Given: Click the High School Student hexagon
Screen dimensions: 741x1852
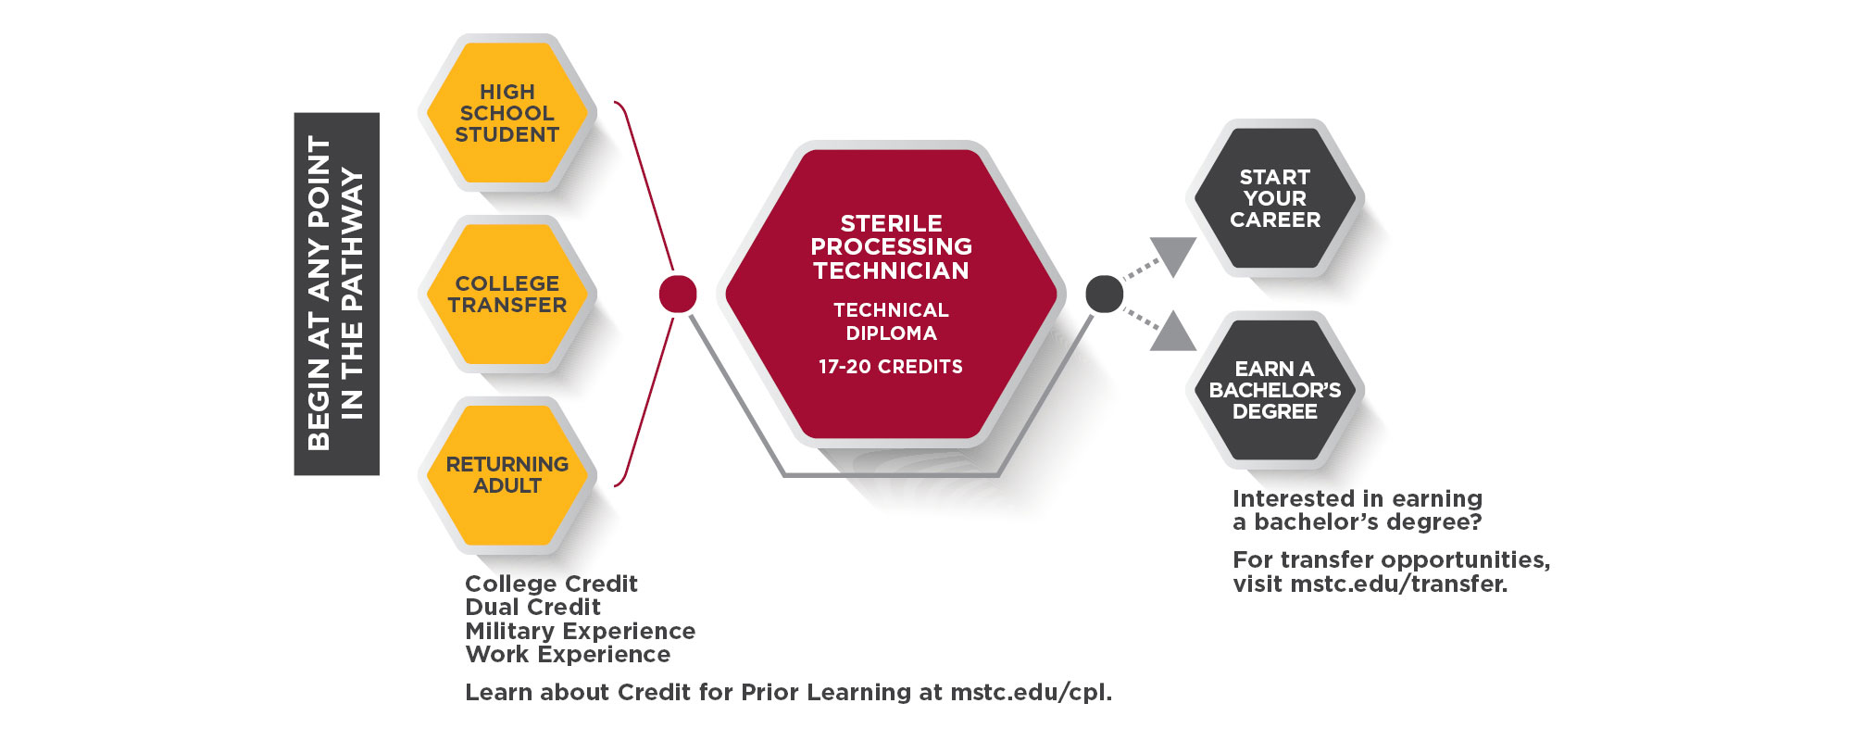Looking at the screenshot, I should [507, 113].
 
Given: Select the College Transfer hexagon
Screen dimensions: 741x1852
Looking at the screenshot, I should [507, 295].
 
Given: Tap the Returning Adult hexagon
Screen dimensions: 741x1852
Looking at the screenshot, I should [507, 475].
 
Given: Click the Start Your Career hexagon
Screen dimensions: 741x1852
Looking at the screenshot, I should [1274, 198].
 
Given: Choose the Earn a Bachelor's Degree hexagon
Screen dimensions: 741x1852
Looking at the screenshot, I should [1274, 390].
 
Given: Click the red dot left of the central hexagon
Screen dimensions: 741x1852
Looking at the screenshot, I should [678, 295].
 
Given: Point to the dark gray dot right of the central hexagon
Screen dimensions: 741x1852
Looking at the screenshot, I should [1104, 295].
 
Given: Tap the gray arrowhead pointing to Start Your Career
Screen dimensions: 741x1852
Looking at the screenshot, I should [1174, 254].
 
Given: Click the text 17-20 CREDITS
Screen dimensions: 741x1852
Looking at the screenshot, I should [890, 367].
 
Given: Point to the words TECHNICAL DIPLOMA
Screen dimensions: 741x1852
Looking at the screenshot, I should [891, 321].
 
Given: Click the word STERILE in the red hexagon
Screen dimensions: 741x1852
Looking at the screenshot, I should [891, 223].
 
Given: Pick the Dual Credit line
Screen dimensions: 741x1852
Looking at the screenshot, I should [532, 608].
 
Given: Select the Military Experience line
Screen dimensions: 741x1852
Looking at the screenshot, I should [580, 632].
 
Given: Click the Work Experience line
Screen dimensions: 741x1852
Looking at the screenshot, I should [568, 655].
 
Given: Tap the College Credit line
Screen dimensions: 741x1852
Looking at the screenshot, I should [551, 584].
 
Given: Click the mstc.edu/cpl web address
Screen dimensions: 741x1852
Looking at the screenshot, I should [1030, 693].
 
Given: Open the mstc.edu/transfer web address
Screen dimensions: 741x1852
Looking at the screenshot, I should [1397, 584].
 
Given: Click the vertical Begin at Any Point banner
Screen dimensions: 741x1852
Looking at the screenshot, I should [336, 294].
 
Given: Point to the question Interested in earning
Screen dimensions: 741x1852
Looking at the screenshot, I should [1357, 499].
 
